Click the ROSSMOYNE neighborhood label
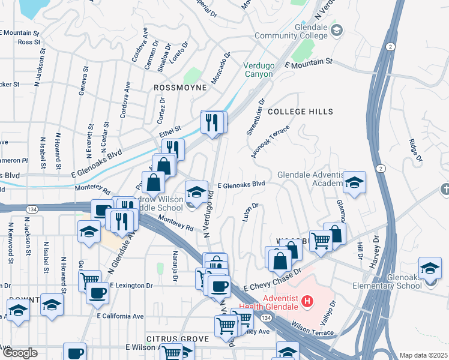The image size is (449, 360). [x=180, y=88]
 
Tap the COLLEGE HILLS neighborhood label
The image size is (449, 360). [x=292, y=112]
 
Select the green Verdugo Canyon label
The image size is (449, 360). [x=258, y=70]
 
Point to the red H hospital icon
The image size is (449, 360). [x=307, y=300]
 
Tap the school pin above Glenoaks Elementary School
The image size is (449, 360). [x=430, y=268]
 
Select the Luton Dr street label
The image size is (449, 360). [x=250, y=212]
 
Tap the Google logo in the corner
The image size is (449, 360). [x=19, y=353]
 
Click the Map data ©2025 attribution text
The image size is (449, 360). [x=423, y=355]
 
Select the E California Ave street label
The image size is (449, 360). [x=120, y=316]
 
